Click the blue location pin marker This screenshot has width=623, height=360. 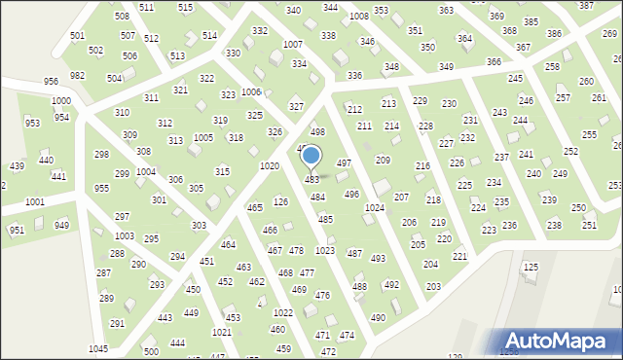311,157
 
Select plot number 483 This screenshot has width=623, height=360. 312,180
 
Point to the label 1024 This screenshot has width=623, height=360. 374,208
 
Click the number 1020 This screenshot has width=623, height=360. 270,166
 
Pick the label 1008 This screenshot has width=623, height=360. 359,17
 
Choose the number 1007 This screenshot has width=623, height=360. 292,45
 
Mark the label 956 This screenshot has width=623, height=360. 51,82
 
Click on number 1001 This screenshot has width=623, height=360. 34,201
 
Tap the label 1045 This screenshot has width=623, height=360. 98,348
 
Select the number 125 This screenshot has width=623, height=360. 531,267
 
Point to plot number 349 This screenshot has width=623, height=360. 446,66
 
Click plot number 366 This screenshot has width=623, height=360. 494,62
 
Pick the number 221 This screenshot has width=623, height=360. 459,256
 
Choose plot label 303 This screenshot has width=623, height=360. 199,226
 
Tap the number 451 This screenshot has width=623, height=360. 206,262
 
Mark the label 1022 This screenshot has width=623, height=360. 283,312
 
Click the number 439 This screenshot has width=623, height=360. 17,166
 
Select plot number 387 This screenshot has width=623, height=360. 586,6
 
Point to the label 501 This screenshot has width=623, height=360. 77,35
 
